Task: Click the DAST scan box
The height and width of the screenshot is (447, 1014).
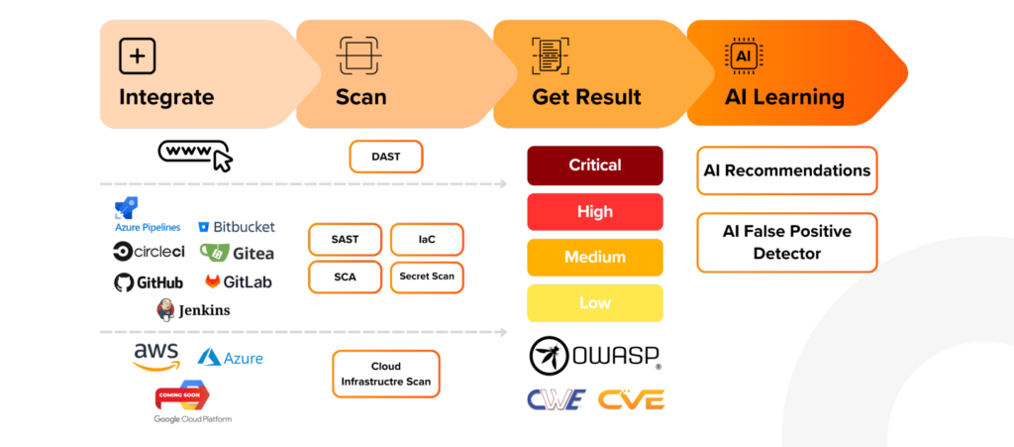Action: click(x=385, y=157)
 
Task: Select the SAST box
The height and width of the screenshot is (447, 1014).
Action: click(x=345, y=239)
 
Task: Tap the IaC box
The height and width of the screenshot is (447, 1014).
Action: click(x=427, y=239)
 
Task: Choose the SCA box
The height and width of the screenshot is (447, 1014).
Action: click(x=345, y=277)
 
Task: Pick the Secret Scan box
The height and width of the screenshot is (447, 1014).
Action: click(x=427, y=277)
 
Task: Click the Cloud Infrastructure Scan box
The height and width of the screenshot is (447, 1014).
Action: click(x=385, y=374)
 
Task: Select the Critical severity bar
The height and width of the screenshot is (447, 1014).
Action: click(x=594, y=166)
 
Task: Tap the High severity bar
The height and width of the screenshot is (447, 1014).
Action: click(x=594, y=211)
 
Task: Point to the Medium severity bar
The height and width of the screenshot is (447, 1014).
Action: click(x=594, y=257)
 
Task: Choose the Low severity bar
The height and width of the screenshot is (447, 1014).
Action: click(x=594, y=302)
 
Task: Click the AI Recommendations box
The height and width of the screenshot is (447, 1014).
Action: click(x=786, y=170)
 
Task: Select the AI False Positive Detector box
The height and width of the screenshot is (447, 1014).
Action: click(x=786, y=242)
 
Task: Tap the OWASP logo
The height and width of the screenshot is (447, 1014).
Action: click(x=595, y=356)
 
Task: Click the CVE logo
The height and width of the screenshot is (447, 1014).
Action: click(x=631, y=399)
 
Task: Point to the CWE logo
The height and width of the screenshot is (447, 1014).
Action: click(x=556, y=399)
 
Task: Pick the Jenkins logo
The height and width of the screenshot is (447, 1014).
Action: click(x=194, y=310)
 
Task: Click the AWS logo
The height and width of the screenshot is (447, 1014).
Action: click(x=155, y=355)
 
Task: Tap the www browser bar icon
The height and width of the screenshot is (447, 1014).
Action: click(x=195, y=154)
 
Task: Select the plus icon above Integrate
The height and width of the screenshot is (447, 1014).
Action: click(x=138, y=56)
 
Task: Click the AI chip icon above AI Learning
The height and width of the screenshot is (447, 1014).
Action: click(x=743, y=56)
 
